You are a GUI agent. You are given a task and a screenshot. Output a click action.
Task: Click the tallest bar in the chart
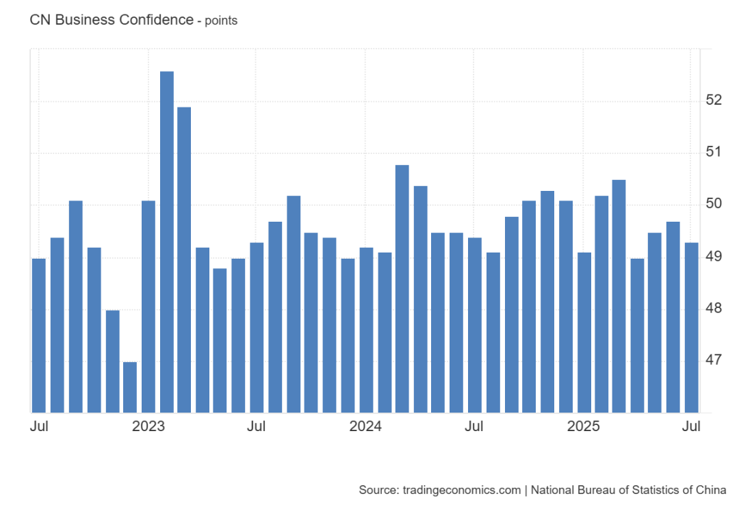[x=166, y=239]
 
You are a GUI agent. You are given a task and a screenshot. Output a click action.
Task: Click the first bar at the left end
[x=39, y=335]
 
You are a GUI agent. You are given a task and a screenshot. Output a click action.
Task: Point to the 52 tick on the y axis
[x=714, y=100]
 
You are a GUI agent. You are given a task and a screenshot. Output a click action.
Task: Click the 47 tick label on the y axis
[x=714, y=360]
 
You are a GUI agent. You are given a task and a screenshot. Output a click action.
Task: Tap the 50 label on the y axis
[x=714, y=204]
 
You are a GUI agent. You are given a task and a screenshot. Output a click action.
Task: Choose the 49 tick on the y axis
[x=714, y=256]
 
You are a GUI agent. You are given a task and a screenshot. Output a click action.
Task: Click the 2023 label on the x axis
[x=148, y=426]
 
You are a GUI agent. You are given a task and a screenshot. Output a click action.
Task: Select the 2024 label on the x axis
[x=366, y=426]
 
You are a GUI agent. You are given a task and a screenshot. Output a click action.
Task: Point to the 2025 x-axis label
[x=584, y=426]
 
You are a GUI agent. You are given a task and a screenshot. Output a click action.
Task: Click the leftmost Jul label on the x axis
[x=39, y=426]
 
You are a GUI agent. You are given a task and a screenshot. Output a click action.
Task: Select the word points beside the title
[x=221, y=21]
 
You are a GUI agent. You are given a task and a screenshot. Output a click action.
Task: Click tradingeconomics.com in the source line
[x=461, y=490]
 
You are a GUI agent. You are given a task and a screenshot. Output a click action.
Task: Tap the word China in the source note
[x=710, y=490]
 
